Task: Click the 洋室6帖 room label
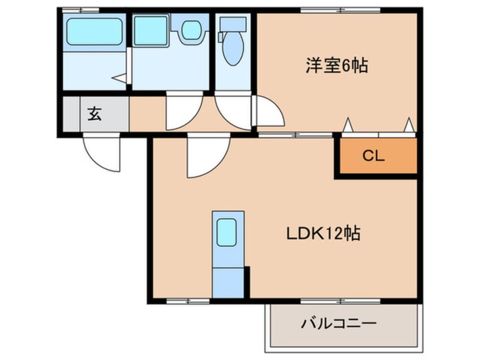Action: click(x=336, y=66)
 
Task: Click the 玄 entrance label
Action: click(x=94, y=114)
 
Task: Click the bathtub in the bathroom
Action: click(x=94, y=31)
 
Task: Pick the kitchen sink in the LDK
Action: click(x=228, y=231)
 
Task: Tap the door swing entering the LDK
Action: click(x=208, y=156)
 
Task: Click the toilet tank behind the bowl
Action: click(x=232, y=23)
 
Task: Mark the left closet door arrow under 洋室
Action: click(x=348, y=124)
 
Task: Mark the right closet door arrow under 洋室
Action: click(x=409, y=124)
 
